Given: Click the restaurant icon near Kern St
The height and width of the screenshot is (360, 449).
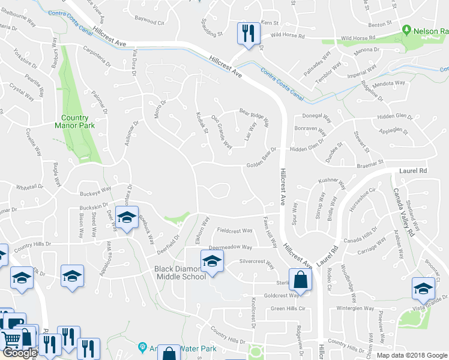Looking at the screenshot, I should pos(247,33).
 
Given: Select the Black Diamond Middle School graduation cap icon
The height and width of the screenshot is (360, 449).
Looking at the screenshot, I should pos(212,260).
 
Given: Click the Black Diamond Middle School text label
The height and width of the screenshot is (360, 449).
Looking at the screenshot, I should pos(180,272).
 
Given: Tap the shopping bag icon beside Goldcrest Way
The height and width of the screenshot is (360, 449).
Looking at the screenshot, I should pos(300,279).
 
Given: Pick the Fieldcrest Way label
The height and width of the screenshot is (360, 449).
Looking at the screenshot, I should pos(235,230).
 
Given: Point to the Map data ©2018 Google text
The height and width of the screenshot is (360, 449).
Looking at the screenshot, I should pos(412,355).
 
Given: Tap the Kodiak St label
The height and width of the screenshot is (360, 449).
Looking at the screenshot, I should pos(202,122).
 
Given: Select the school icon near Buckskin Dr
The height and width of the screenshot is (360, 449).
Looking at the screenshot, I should pos(127,217).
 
